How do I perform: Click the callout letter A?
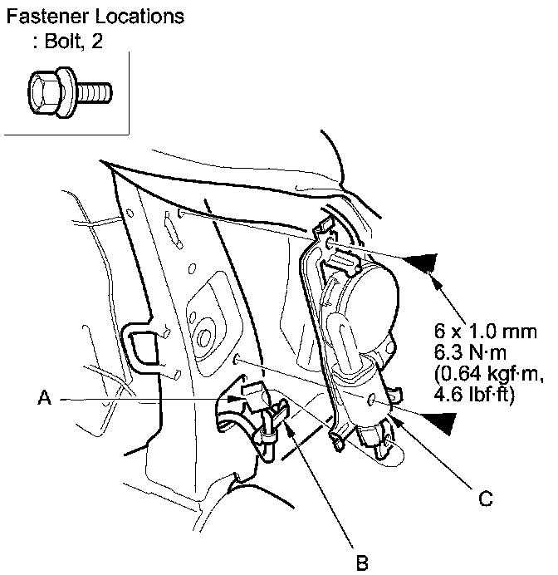[x=46, y=399]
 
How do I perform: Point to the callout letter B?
[x=361, y=563]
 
